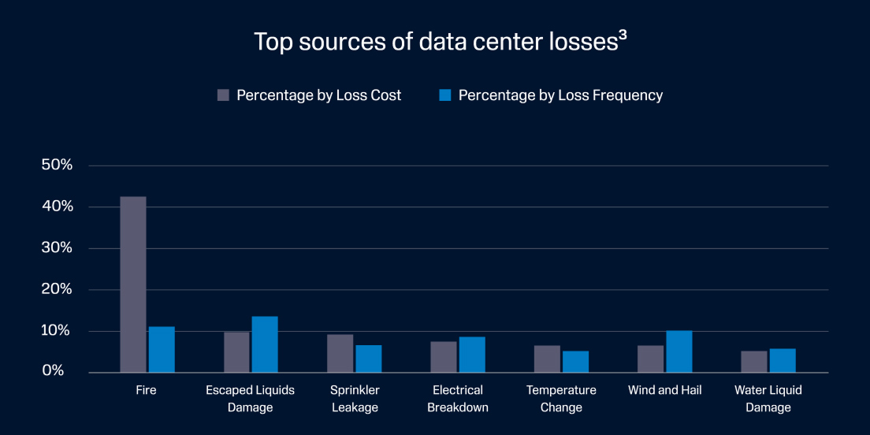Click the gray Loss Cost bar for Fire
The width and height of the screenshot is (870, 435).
click(x=132, y=284)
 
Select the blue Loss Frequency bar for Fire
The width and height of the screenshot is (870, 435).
click(x=162, y=349)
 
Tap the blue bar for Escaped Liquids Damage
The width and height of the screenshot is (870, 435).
click(x=265, y=344)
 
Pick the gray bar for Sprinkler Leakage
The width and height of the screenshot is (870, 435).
click(x=340, y=353)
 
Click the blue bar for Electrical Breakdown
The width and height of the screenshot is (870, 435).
click(x=472, y=355)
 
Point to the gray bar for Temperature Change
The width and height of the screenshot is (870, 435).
click(x=547, y=359)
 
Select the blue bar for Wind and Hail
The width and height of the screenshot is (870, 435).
click(x=679, y=351)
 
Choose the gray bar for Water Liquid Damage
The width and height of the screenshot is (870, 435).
click(x=753, y=362)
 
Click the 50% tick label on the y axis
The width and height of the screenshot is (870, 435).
click(x=57, y=165)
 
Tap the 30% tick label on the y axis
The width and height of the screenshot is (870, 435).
click(x=57, y=248)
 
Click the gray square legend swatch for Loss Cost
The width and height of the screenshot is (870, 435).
click(x=223, y=95)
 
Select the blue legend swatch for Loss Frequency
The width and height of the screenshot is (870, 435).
click(x=444, y=95)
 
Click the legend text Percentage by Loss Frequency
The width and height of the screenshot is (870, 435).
click(x=560, y=95)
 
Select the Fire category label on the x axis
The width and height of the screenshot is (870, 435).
click(x=146, y=390)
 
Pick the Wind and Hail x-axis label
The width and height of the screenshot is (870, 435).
click(x=664, y=390)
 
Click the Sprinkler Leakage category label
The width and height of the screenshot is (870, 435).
click(x=355, y=399)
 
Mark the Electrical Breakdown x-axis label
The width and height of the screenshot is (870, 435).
click(x=458, y=399)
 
